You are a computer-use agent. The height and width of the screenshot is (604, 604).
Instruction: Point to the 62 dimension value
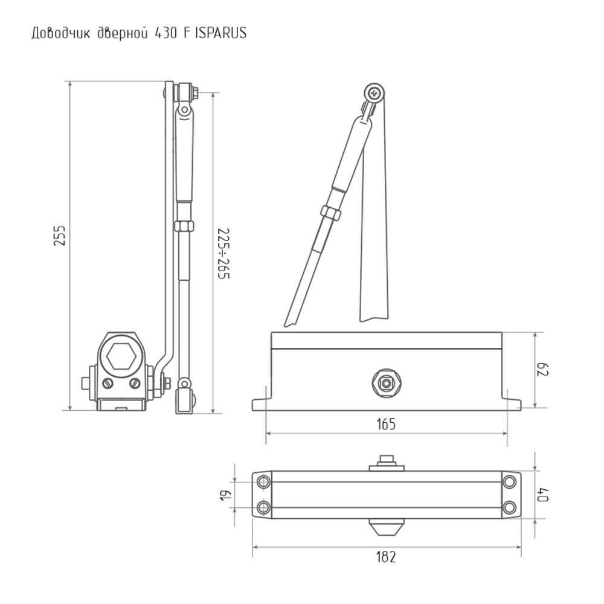click(x=543, y=370)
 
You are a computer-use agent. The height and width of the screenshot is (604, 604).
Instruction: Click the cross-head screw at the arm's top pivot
click(x=376, y=94)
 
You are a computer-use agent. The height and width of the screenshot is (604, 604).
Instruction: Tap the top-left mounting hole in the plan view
click(x=263, y=481)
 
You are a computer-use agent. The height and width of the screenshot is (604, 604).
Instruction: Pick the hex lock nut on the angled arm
click(x=331, y=213)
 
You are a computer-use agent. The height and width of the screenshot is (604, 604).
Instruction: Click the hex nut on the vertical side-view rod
click(x=183, y=226)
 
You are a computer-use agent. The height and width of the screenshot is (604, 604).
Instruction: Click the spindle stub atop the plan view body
click(x=386, y=462)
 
